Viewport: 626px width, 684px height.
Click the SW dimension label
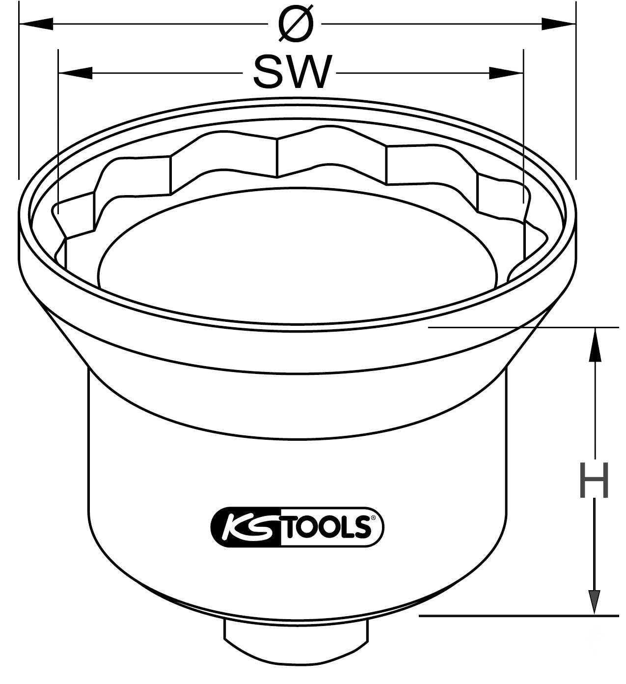tap(292, 72)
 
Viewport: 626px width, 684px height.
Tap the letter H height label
tap(595, 480)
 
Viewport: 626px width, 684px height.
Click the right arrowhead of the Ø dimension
tap(558, 24)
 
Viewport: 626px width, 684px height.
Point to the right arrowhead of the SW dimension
tap(506, 73)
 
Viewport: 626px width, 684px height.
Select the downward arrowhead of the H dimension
tap(595, 597)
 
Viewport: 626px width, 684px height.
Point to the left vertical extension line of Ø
tap(19, 98)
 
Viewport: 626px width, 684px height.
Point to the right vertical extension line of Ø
tap(575, 98)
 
